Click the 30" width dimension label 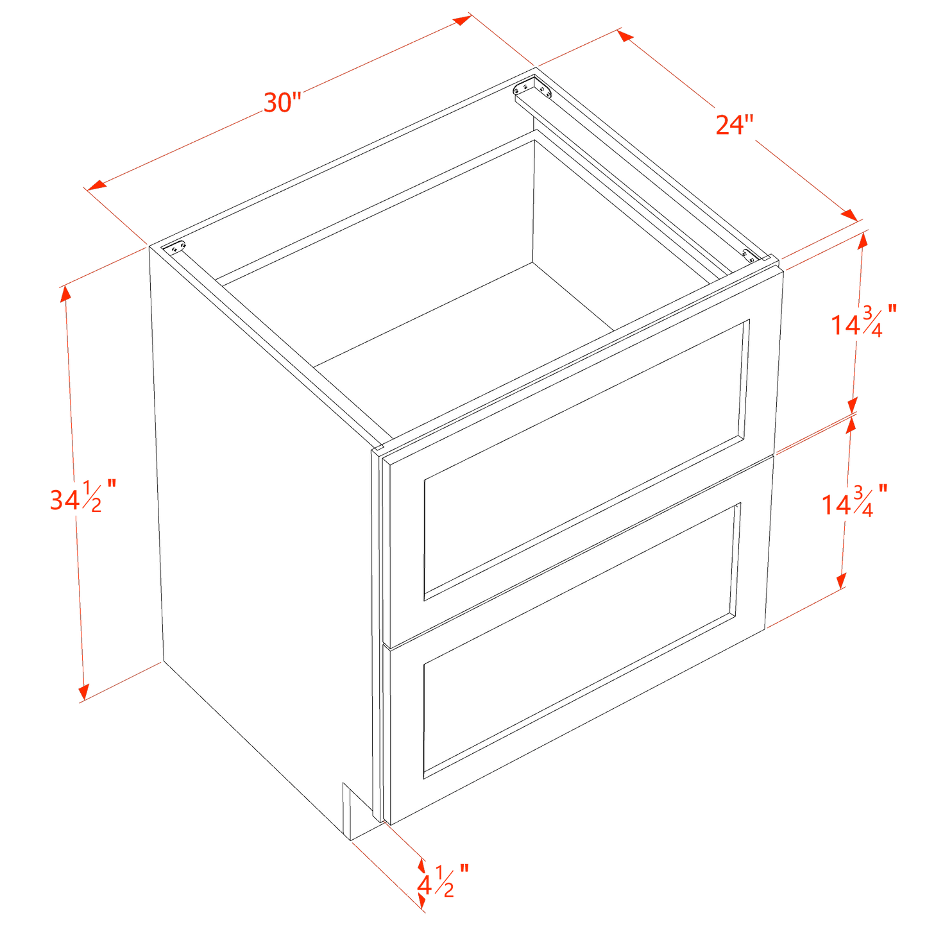(282, 103)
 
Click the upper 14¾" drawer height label (863, 322)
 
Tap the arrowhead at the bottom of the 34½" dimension (83, 692)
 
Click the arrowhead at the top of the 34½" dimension (65, 293)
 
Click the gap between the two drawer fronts (577, 550)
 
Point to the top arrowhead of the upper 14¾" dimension (863, 240)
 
